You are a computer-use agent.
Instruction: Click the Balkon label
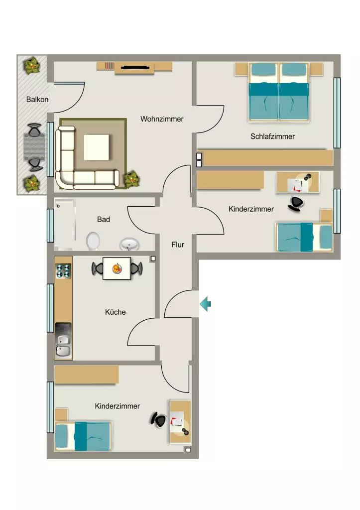click(x=37, y=99)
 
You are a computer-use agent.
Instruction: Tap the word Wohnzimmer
click(x=162, y=119)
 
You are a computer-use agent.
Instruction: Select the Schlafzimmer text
click(x=272, y=136)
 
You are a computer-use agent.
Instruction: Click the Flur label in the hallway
click(x=178, y=244)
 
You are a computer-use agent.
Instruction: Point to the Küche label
click(x=115, y=312)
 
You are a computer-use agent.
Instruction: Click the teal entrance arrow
click(x=205, y=304)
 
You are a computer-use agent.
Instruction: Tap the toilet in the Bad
click(x=93, y=241)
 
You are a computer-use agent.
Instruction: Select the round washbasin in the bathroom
click(x=129, y=244)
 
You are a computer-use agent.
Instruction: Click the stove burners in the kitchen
click(x=63, y=271)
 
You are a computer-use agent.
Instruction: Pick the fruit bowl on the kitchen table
click(x=117, y=268)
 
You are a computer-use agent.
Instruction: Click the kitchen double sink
click(x=63, y=345)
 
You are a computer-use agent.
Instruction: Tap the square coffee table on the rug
click(x=97, y=147)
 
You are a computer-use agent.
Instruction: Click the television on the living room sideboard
click(x=135, y=67)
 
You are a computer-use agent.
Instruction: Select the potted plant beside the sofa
click(x=132, y=179)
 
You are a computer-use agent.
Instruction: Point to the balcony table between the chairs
click(x=34, y=147)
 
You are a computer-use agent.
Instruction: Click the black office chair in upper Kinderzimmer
click(x=296, y=204)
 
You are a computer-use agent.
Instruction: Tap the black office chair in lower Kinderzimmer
click(x=159, y=419)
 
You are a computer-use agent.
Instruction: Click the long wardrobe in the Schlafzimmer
click(x=265, y=158)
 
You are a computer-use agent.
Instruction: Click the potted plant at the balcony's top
click(x=32, y=66)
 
